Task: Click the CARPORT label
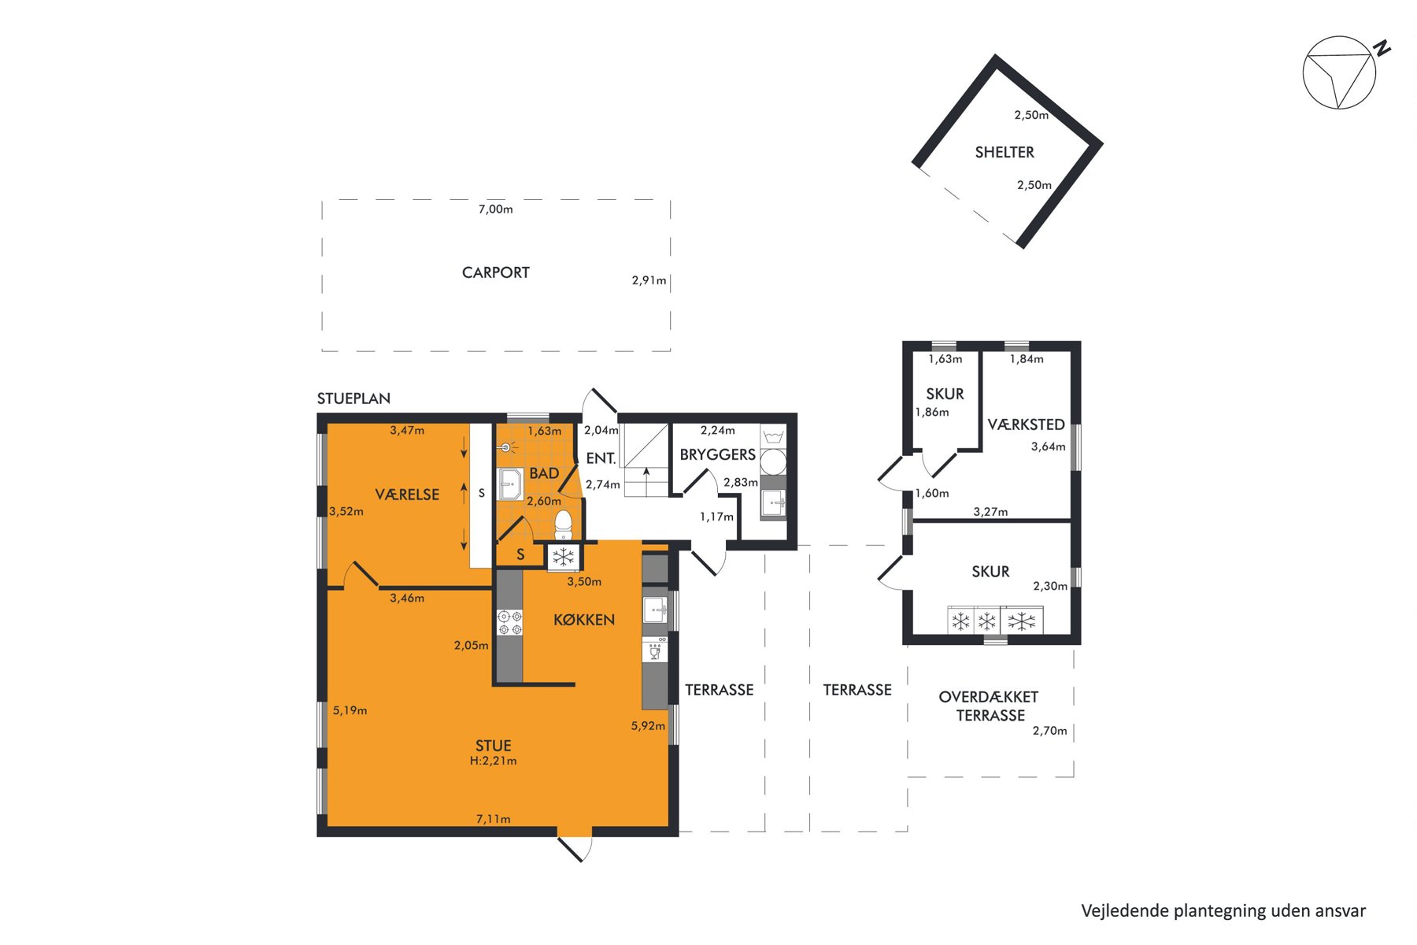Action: click(496, 272)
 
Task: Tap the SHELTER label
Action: click(1004, 152)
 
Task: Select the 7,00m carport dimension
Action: click(496, 209)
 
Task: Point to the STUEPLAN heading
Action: click(353, 398)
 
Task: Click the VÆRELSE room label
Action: click(407, 495)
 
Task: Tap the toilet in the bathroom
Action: click(563, 524)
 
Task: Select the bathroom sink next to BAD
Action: click(510, 484)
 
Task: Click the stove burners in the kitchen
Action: click(509, 623)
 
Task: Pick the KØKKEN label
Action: click(584, 620)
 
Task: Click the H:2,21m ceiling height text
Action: click(494, 761)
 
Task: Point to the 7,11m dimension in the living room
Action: click(494, 819)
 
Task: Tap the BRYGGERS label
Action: click(718, 454)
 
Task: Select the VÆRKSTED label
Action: click(1027, 424)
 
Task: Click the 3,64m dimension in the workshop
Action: click(1049, 447)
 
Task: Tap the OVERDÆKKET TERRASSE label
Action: click(990, 706)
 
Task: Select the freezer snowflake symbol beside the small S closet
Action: click(564, 558)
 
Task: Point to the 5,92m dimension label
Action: click(648, 726)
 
